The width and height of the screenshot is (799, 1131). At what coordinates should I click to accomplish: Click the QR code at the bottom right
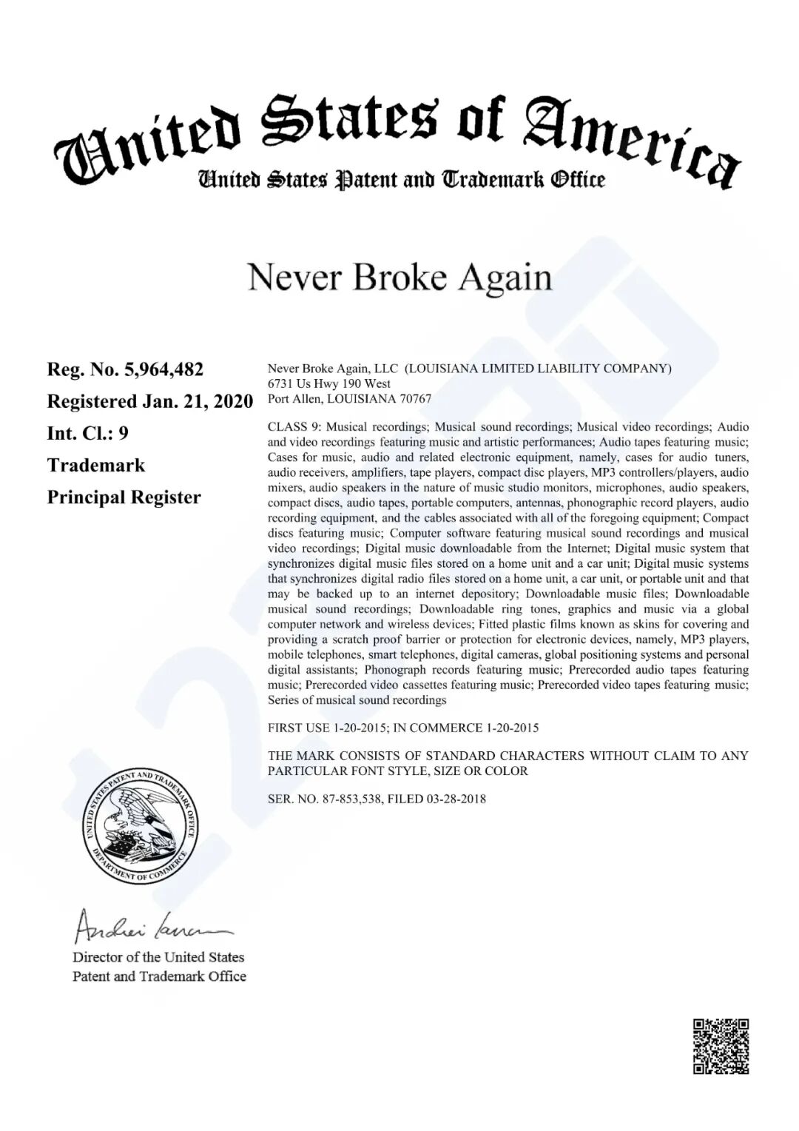pos(721,1046)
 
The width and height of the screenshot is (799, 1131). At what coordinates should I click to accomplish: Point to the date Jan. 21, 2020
pos(197,401)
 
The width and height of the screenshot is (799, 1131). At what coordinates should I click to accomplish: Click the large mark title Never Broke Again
pos(399,278)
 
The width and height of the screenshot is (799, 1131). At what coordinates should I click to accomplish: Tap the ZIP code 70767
pos(415,398)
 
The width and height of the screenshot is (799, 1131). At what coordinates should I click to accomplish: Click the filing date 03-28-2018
pos(456,799)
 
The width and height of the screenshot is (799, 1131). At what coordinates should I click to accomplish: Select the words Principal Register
pos(124,497)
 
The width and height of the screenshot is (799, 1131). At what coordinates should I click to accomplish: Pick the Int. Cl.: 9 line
pos(87,433)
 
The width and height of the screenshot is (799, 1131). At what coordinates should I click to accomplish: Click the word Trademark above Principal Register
pos(96,466)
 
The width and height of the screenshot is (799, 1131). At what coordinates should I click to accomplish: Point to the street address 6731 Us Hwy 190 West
pos(329,383)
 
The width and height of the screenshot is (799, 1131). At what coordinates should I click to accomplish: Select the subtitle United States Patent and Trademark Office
pos(400,180)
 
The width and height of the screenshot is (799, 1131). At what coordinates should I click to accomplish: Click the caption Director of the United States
pos(158,957)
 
